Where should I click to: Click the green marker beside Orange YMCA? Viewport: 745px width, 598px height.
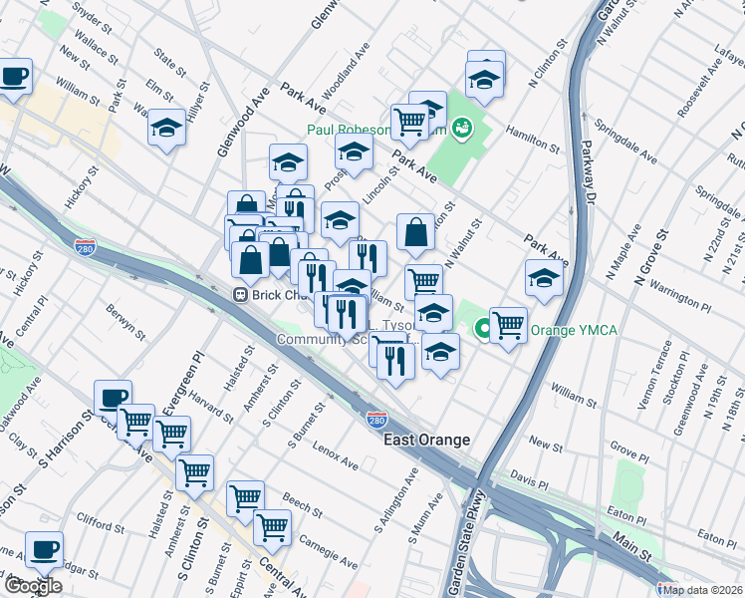[482, 327]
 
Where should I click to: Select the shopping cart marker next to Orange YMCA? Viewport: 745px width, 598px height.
[508, 324]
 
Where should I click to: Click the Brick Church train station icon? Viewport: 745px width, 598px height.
[240, 295]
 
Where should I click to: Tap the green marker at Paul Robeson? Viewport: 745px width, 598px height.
[460, 128]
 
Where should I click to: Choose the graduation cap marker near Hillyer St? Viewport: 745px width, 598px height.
[167, 128]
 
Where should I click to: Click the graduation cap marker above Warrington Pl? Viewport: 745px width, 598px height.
[543, 279]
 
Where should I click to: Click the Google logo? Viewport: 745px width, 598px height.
[32, 586]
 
